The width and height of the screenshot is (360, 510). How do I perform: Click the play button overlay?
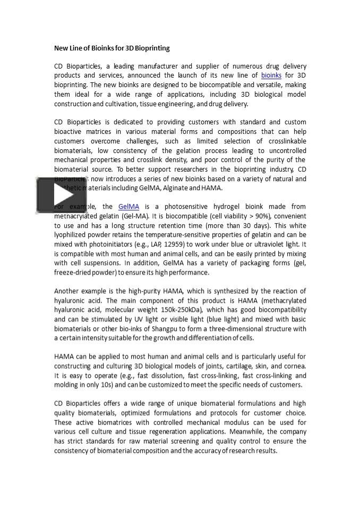pyautogui.click(x=54, y=195)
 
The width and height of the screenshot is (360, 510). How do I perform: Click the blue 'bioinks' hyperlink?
pyautogui.click(x=271, y=76)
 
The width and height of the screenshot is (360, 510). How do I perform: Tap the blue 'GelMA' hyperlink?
pyautogui.click(x=128, y=207)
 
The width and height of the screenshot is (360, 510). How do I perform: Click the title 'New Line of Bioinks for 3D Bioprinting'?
pyautogui.click(x=112, y=48)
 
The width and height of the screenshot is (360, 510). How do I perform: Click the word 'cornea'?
pyautogui.click(x=295, y=366)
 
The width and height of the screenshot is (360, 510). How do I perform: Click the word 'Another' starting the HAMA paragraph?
pyautogui.click(x=67, y=291)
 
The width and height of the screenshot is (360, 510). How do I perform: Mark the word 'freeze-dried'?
pyautogui.click(x=72, y=273)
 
